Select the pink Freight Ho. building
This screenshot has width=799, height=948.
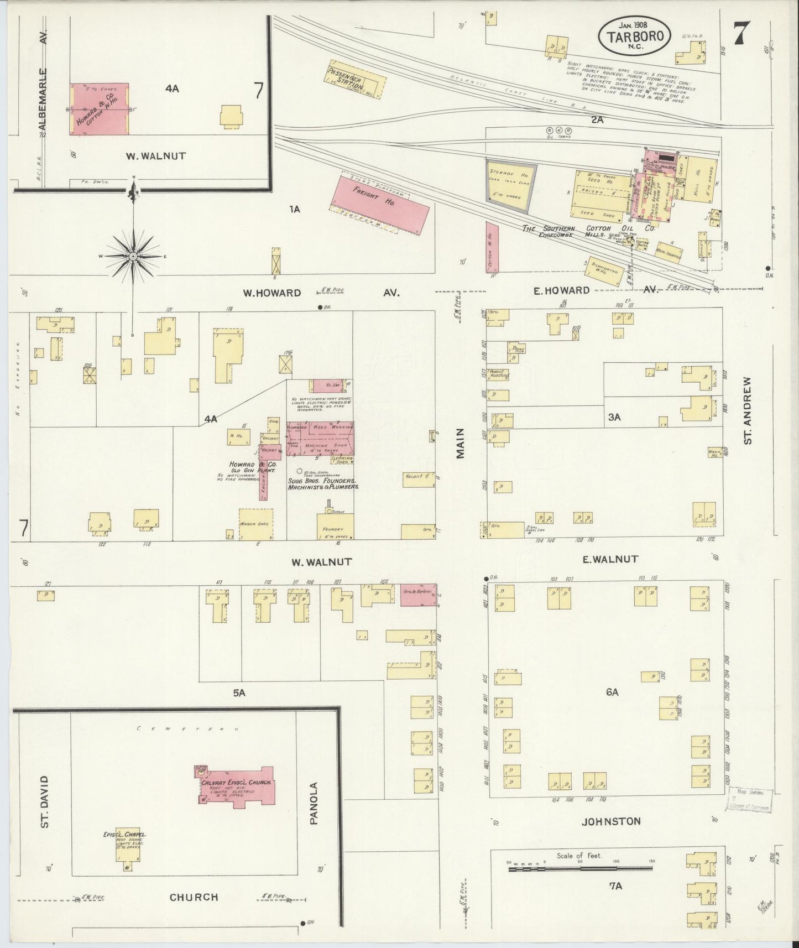pyautogui.click(x=381, y=202)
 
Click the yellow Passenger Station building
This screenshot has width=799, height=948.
pyautogui.click(x=354, y=79)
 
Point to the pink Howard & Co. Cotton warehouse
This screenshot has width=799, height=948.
pyautogui.click(x=99, y=109)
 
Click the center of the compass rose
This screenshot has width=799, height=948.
pyautogui.click(x=133, y=257)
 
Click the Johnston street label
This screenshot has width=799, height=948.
pyautogui.click(x=610, y=821)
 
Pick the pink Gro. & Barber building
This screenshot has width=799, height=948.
pyautogui.click(x=418, y=594)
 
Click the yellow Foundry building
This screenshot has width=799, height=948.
pyautogui.click(x=335, y=526)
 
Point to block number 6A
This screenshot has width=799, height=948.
pyautogui.click(x=612, y=692)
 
